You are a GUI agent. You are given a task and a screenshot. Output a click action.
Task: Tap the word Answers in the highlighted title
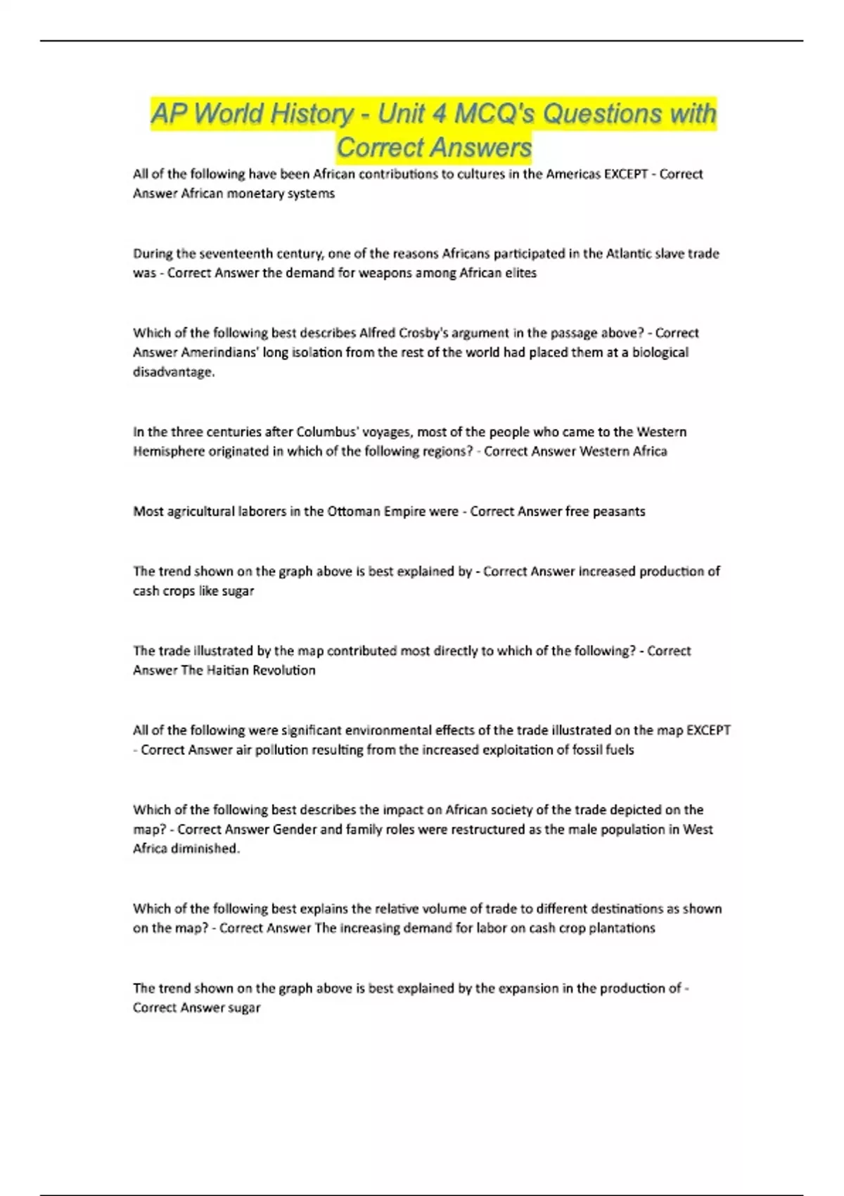coord(481,148)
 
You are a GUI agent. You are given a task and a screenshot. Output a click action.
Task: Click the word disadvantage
coord(173,372)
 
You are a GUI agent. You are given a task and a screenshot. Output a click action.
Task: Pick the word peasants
coord(620,511)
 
